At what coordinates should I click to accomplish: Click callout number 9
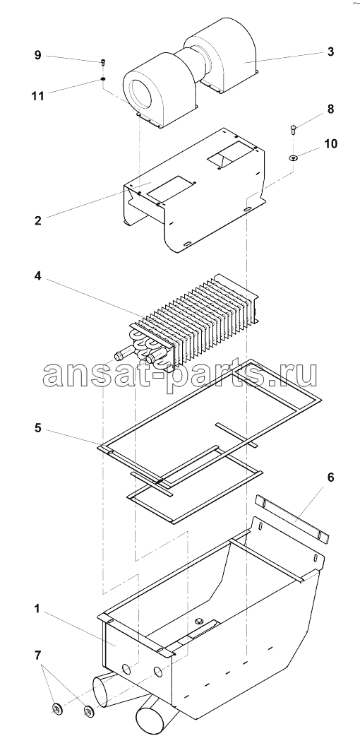pos(37,55)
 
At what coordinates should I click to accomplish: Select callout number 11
pos(37,95)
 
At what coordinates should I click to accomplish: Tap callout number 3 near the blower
pos(330,52)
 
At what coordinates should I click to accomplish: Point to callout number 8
pos(330,109)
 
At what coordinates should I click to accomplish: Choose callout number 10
pos(330,143)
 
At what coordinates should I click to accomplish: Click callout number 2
pos(37,220)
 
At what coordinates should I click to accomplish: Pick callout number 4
pos(37,277)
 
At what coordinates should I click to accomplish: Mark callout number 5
pos(37,428)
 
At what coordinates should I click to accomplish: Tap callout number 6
pos(330,477)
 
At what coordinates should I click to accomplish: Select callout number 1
pos(37,608)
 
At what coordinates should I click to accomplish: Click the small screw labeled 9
pos(103,62)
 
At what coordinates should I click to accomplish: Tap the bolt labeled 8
pos(293,129)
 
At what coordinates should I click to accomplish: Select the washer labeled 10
pos(293,158)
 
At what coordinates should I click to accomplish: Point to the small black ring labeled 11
pos(103,78)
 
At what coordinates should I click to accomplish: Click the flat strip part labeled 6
pos(292,519)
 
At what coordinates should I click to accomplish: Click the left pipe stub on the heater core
pos(122,355)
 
